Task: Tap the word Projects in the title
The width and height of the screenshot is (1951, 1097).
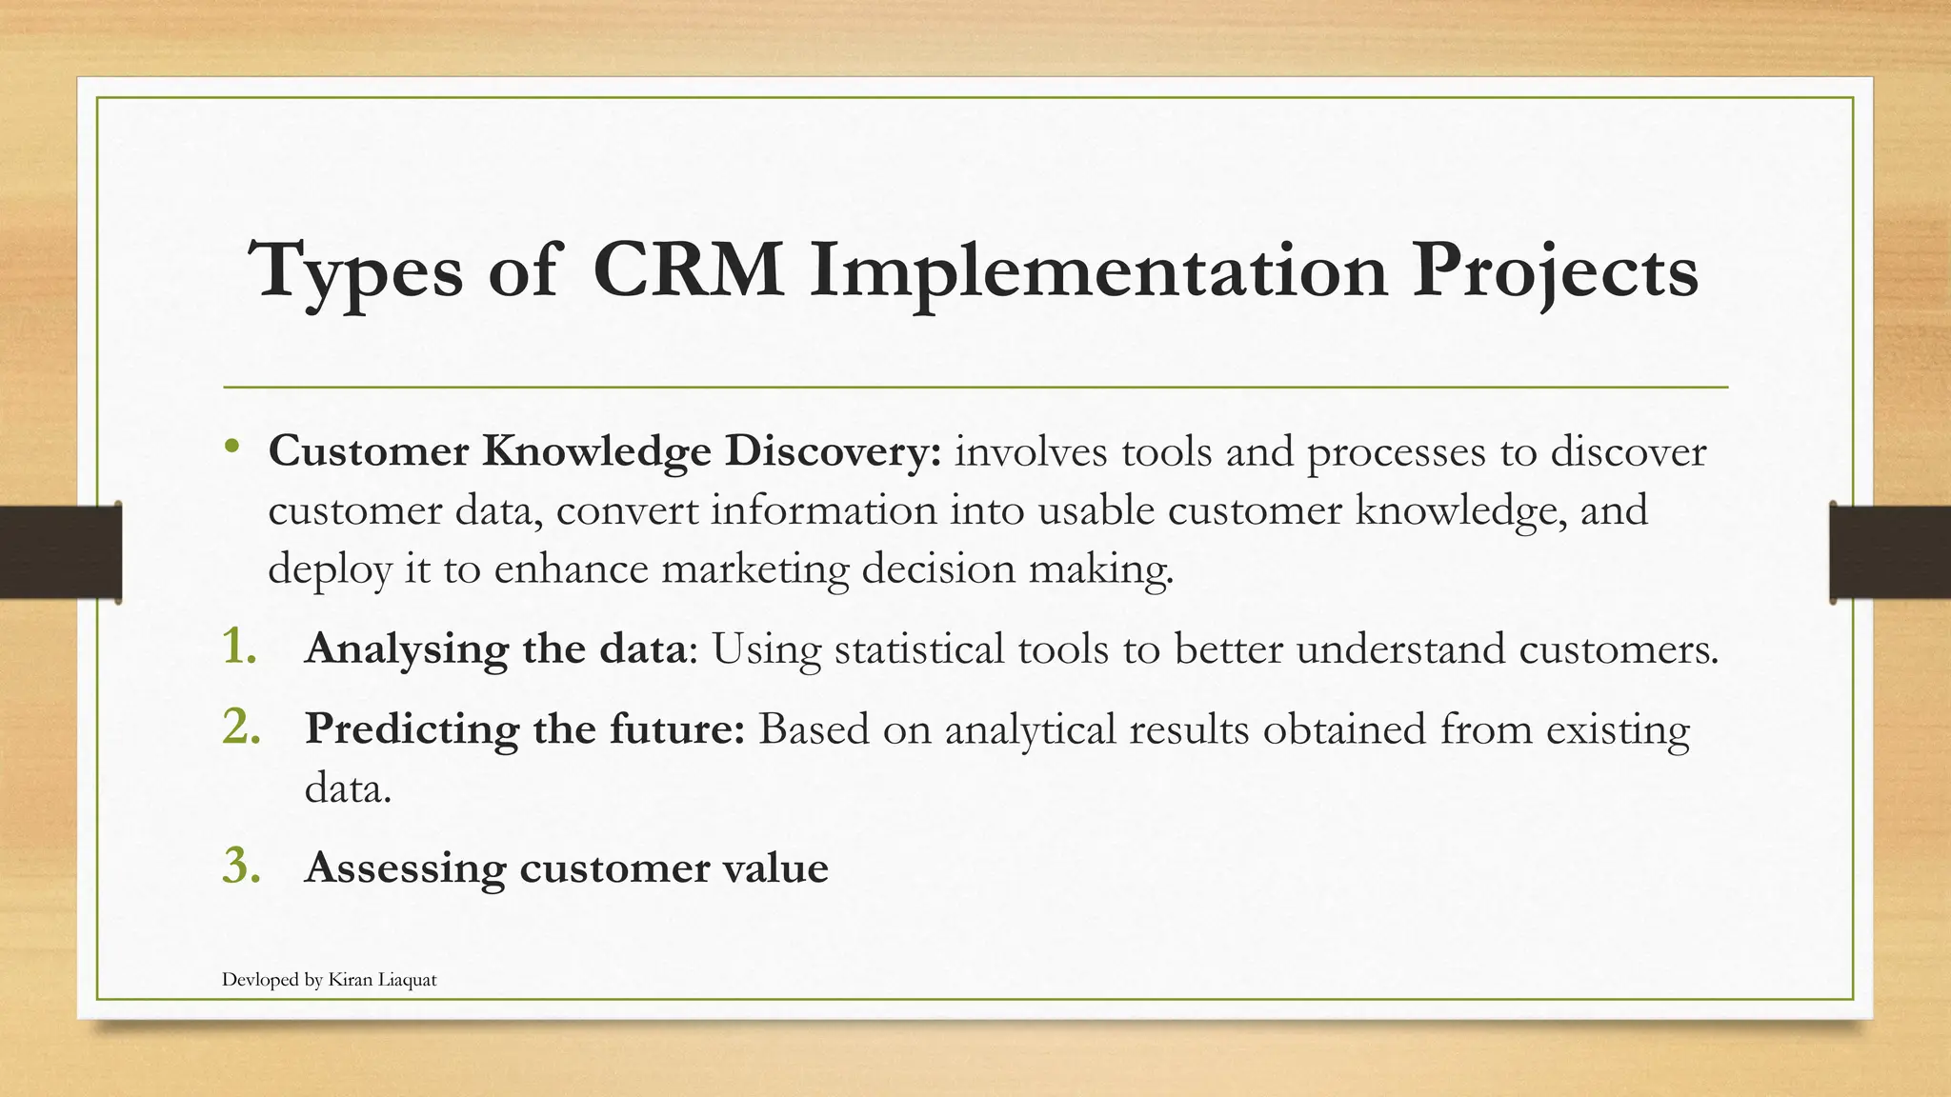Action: point(1555,270)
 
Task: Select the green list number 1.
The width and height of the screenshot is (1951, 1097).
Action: point(239,647)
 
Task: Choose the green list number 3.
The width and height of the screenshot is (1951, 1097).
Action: point(241,866)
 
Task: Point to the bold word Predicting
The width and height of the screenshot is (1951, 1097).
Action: point(412,730)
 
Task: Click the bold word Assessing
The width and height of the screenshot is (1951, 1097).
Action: point(405,868)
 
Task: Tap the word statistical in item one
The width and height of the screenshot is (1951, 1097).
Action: point(919,649)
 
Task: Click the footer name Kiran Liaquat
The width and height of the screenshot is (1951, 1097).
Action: point(382,980)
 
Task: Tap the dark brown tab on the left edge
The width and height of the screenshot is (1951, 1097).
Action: point(60,552)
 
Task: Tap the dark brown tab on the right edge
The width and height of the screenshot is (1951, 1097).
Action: point(1890,552)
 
